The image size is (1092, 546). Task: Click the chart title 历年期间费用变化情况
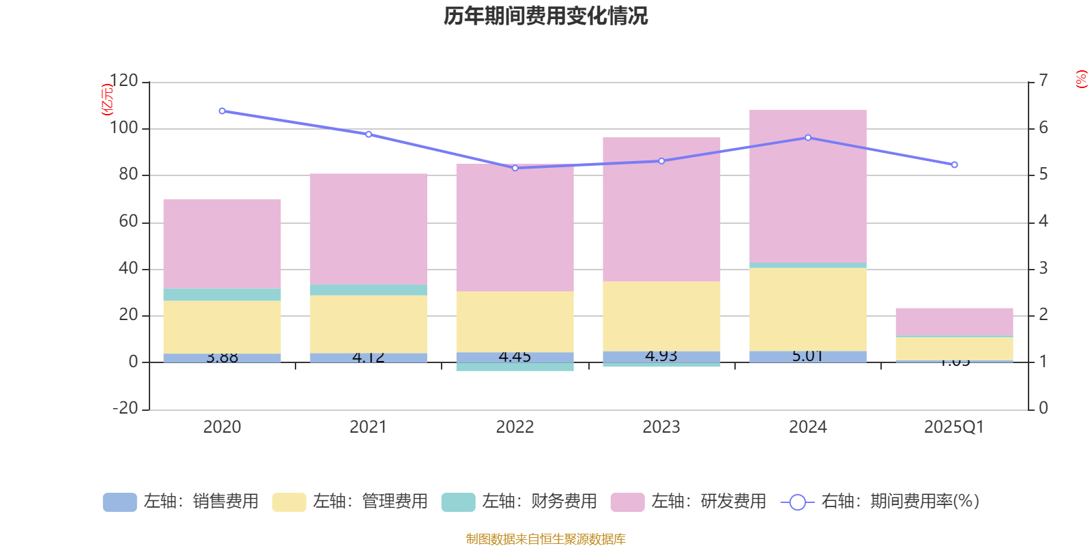pos(545,16)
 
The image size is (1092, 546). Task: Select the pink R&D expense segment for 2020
pos(222,244)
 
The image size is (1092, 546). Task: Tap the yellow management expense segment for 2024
pos(807,309)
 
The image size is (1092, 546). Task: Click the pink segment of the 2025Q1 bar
pos(954,321)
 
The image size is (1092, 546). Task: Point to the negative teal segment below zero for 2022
pos(515,367)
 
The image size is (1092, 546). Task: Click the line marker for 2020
pos(222,111)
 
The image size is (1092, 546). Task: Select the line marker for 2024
pos(808,138)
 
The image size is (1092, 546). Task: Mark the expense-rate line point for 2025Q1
pos(954,164)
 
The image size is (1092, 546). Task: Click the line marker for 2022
pos(515,168)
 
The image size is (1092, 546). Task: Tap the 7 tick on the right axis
pos(1043,81)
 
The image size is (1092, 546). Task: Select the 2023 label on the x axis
pos(661,427)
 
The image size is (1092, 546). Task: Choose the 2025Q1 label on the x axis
pos(953,427)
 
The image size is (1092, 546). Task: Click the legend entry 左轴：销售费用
pos(181,502)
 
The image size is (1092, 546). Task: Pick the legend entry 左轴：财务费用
pos(519,502)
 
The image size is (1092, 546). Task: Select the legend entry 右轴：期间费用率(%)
pos(880,502)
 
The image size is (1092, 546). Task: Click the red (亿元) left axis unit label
pos(107,100)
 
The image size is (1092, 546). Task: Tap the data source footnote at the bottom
pos(545,539)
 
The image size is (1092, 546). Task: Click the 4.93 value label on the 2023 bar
pos(661,356)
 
